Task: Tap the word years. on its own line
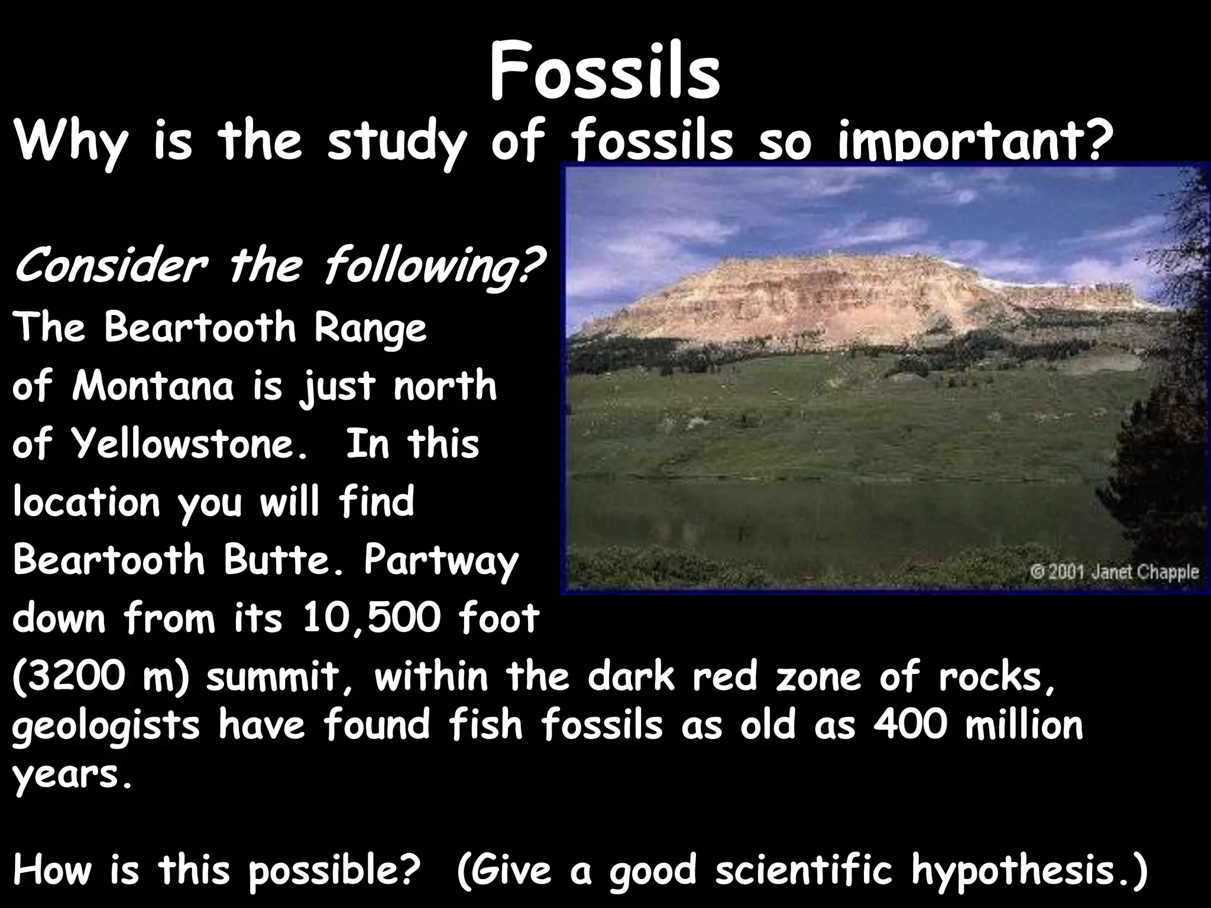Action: point(71,775)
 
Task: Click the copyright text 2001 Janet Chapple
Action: point(1114,572)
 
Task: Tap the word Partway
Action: point(441,560)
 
